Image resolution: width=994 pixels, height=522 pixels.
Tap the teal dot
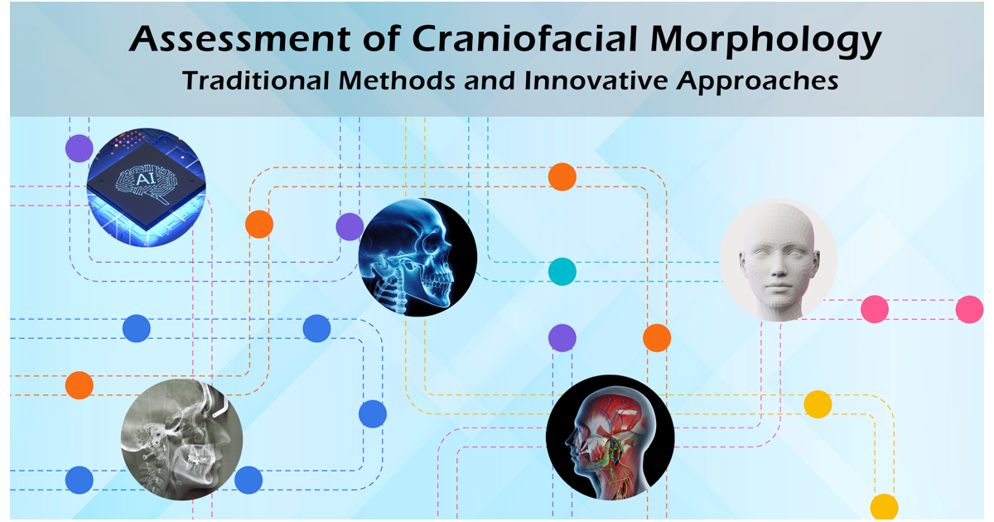562,271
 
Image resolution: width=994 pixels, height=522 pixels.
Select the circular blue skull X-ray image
417,257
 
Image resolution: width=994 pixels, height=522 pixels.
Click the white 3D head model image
778,259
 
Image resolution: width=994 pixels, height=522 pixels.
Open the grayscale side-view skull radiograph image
181,437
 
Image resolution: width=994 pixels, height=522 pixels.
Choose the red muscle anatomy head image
610,436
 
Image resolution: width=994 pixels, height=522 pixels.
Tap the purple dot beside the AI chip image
80,148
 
